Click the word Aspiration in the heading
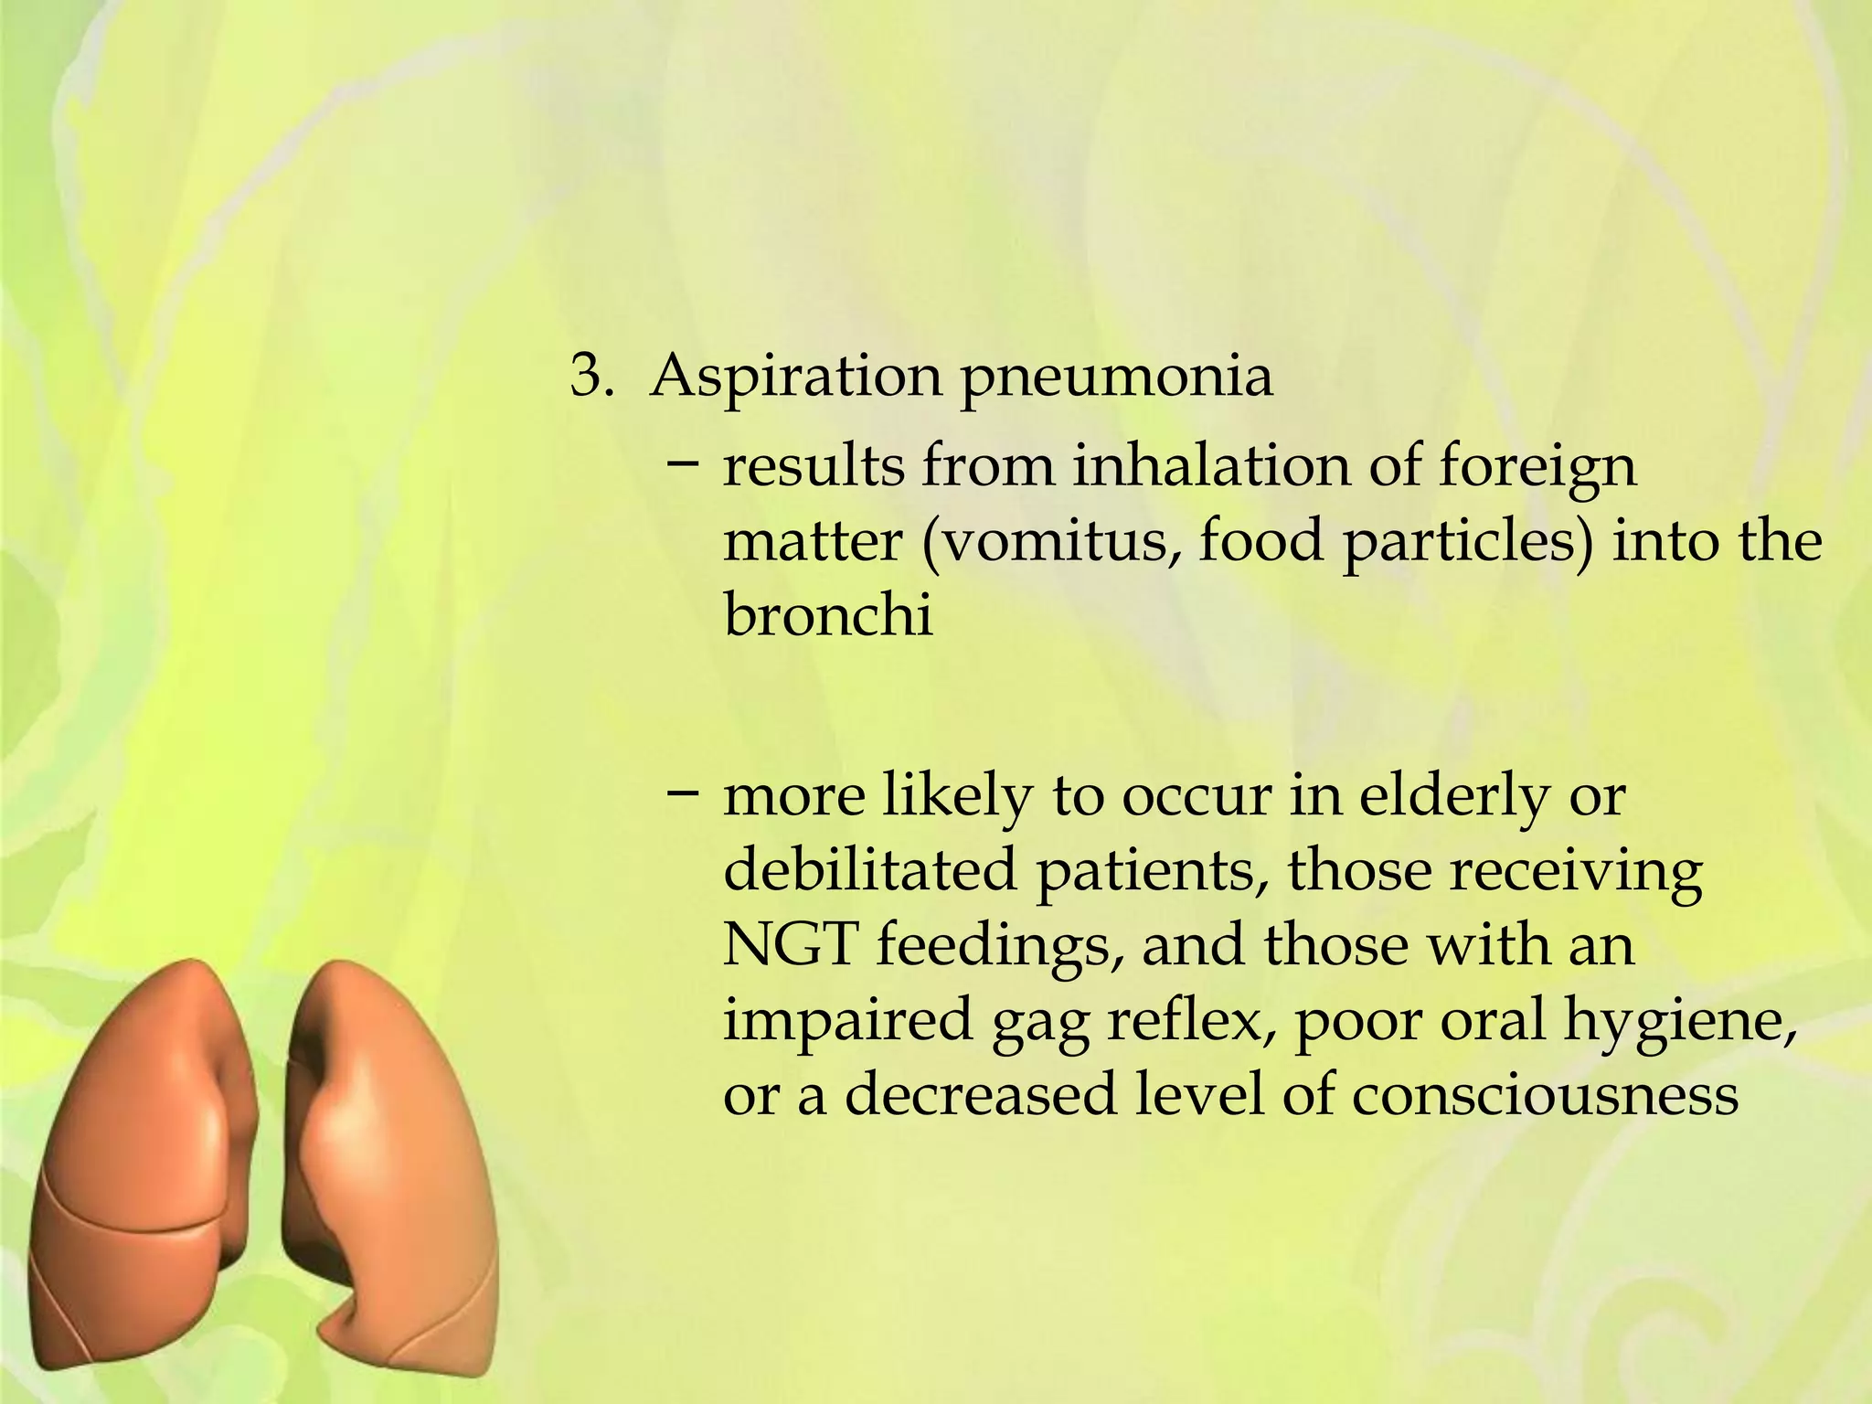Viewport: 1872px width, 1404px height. (795, 376)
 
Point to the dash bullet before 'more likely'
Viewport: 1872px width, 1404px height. (683, 792)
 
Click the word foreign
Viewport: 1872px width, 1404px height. (1537, 468)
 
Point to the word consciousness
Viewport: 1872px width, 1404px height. (1545, 1094)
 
